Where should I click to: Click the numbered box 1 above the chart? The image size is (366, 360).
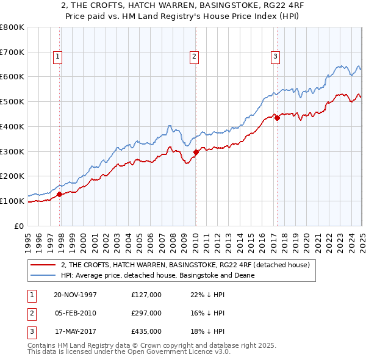[57, 57]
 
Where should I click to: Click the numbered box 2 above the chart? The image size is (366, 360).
[194, 57]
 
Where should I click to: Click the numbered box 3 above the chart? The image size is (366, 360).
[275, 57]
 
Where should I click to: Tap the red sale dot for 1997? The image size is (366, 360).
[60, 195]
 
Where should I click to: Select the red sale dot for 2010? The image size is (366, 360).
[196, 153]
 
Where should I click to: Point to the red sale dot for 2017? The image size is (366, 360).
[277, 118]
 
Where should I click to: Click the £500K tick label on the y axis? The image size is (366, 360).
[12, 101]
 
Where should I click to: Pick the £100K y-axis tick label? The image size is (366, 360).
[12, 201]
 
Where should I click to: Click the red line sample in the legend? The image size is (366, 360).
[43, 265]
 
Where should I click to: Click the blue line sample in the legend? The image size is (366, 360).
[43, 275]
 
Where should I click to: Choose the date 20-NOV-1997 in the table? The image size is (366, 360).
[75, 295]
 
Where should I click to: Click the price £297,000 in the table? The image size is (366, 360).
[146, 313]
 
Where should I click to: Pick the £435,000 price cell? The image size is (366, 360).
[146, 331]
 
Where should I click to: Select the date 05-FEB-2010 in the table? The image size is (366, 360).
[75, 313]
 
